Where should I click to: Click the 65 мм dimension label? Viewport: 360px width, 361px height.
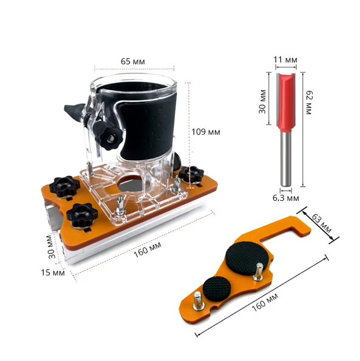[x=133, y=61]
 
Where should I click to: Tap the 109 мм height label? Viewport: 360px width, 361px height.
[x=206, y=132]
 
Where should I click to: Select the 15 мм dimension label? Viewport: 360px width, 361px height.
[x=53, y=272]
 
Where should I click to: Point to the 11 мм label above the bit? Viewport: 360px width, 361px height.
[x=285, y=60]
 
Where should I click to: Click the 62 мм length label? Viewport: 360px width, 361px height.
[x=308, y=103]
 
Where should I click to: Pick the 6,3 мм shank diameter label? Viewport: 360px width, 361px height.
[x=286, y=198]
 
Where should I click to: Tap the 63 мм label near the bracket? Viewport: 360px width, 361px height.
[x=322, y=223]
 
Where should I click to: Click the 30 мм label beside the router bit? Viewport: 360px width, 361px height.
[x=262, y=101]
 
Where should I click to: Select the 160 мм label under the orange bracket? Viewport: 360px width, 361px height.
[x=265, y=302]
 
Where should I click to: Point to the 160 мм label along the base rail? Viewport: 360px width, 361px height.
[x=148, y=249]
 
